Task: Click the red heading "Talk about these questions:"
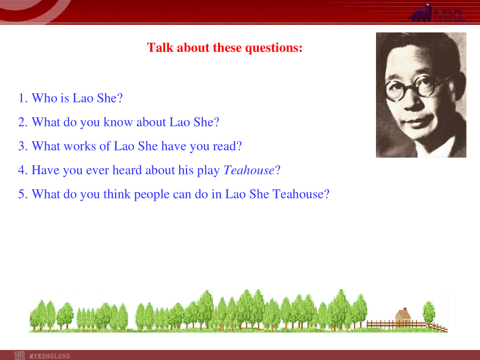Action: pos(224,48)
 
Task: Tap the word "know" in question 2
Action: pos(118,122)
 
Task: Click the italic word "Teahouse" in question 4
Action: pos(249,170)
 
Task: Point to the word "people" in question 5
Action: pos(152,194)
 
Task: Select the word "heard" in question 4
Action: pos(127,170)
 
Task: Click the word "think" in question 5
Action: pos(117,194)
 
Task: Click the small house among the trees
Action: pos(403,315)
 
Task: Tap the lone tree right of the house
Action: pos(429,312)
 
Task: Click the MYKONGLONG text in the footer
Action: pos(50,356)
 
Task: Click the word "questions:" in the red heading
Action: pos(274,48)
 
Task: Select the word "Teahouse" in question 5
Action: pos(298,194)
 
